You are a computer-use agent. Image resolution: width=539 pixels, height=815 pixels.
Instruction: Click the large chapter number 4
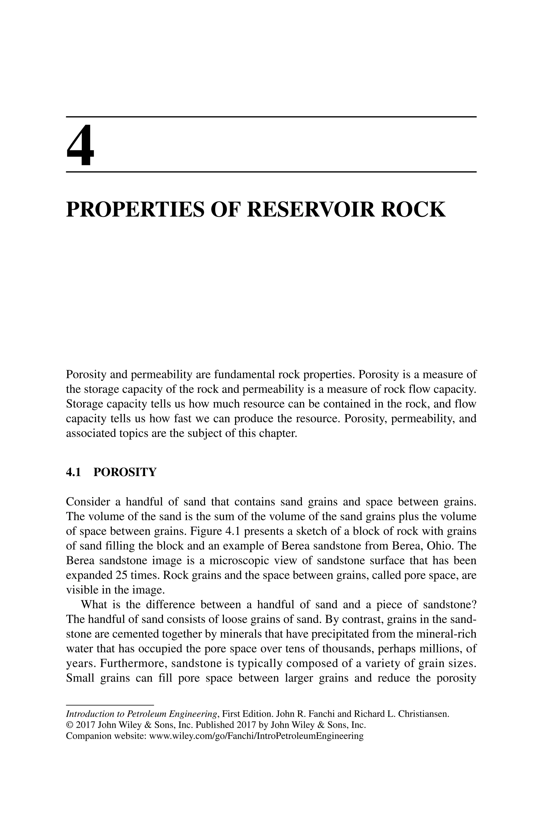[80, 145]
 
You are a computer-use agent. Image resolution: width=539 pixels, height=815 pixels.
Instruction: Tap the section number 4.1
[73, 472]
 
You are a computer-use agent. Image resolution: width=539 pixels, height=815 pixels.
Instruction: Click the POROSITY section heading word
[125, 472]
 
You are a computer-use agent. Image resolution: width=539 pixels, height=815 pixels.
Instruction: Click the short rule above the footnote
[110, 705]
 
